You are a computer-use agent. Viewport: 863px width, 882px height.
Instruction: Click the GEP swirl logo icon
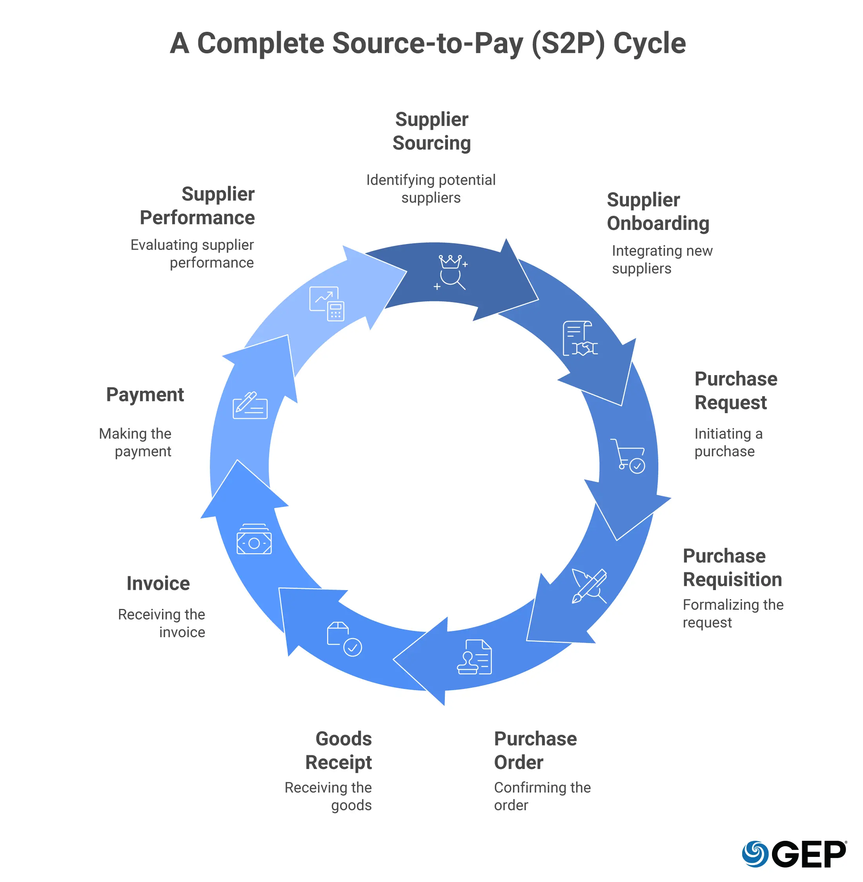coord(755,853)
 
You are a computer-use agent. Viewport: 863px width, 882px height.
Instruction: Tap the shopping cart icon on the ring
coord(629,456)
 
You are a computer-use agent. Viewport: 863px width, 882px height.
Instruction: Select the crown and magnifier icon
coord(451,272)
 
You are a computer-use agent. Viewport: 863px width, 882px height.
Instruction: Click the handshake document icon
coord(579,339)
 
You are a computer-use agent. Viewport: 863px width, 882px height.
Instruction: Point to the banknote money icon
coord(254,539)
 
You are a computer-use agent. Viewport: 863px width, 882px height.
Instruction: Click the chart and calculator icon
coord(326,304)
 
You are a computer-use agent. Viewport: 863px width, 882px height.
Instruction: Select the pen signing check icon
coord(250,405)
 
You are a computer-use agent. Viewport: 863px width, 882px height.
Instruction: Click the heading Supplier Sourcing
coord(431,131)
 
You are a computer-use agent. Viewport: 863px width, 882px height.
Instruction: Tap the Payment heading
coord(145,395)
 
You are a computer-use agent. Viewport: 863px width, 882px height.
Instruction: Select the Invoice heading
coord(158,583)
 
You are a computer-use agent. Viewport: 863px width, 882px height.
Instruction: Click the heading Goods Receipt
coord(339,750)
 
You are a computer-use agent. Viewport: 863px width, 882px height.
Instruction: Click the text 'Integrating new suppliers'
coord(661,259)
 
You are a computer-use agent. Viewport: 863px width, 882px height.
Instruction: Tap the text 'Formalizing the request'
coord(732,613)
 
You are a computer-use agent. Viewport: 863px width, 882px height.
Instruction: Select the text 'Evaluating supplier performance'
coord(192,253)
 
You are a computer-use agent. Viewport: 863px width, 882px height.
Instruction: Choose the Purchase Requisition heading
coord(732,567)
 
